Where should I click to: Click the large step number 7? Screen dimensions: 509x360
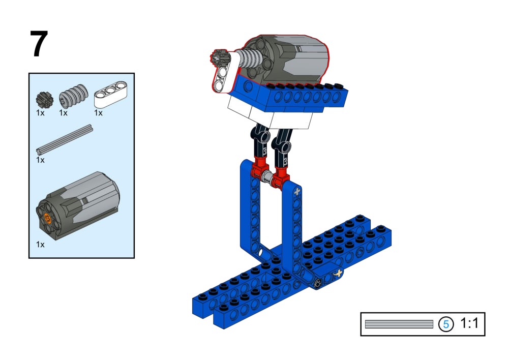coord(39,44)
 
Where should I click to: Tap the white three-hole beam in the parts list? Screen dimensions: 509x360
coord(110,95)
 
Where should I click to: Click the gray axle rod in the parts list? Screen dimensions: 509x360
coord(65,139)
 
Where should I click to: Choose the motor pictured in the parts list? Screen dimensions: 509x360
coord(78,206)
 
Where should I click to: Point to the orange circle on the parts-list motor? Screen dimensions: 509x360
coord(48,218)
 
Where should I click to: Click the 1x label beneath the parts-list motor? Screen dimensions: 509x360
coord(40,245)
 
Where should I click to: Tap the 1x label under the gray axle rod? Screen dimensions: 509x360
coord(40,160)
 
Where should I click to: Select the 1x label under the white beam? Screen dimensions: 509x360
coord(98,113)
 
